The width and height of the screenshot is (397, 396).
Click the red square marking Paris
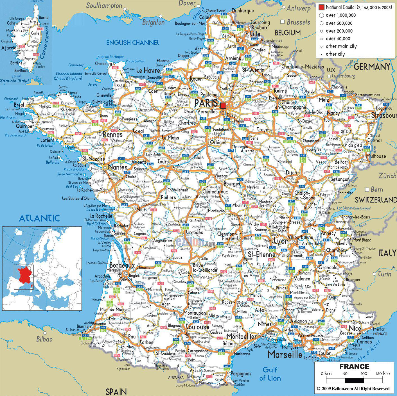(x=223, y=105)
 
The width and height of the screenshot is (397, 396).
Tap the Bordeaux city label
(x=122, y=265)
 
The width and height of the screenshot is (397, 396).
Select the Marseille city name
(x=285, y=354)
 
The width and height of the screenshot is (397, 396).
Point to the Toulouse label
(x=197, y=327)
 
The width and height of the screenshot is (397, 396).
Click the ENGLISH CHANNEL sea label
(x=133, y=43)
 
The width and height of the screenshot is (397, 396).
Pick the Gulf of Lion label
(x=270, y=374)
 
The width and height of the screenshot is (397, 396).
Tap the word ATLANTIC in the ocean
(x=39, y=218)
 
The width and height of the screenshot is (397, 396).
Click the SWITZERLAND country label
(x=376, y=200)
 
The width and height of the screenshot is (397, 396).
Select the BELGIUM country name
(x=288, y=33)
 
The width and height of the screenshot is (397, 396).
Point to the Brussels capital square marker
(x=283, y=22)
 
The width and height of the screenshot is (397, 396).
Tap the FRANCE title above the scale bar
(x=354, y=366)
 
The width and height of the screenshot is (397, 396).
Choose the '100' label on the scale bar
(x=364, y=374)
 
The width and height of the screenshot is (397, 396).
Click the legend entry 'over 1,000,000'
(x=339, y=15)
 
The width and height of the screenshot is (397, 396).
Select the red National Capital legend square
(x=321, y=7)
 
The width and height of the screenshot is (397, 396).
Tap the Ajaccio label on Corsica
(x=9, y=48)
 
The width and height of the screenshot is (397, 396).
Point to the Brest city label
(x=19, y=105)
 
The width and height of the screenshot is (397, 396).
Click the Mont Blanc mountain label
(x=362, y=240)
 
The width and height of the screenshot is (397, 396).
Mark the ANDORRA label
(x=176, y=377)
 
